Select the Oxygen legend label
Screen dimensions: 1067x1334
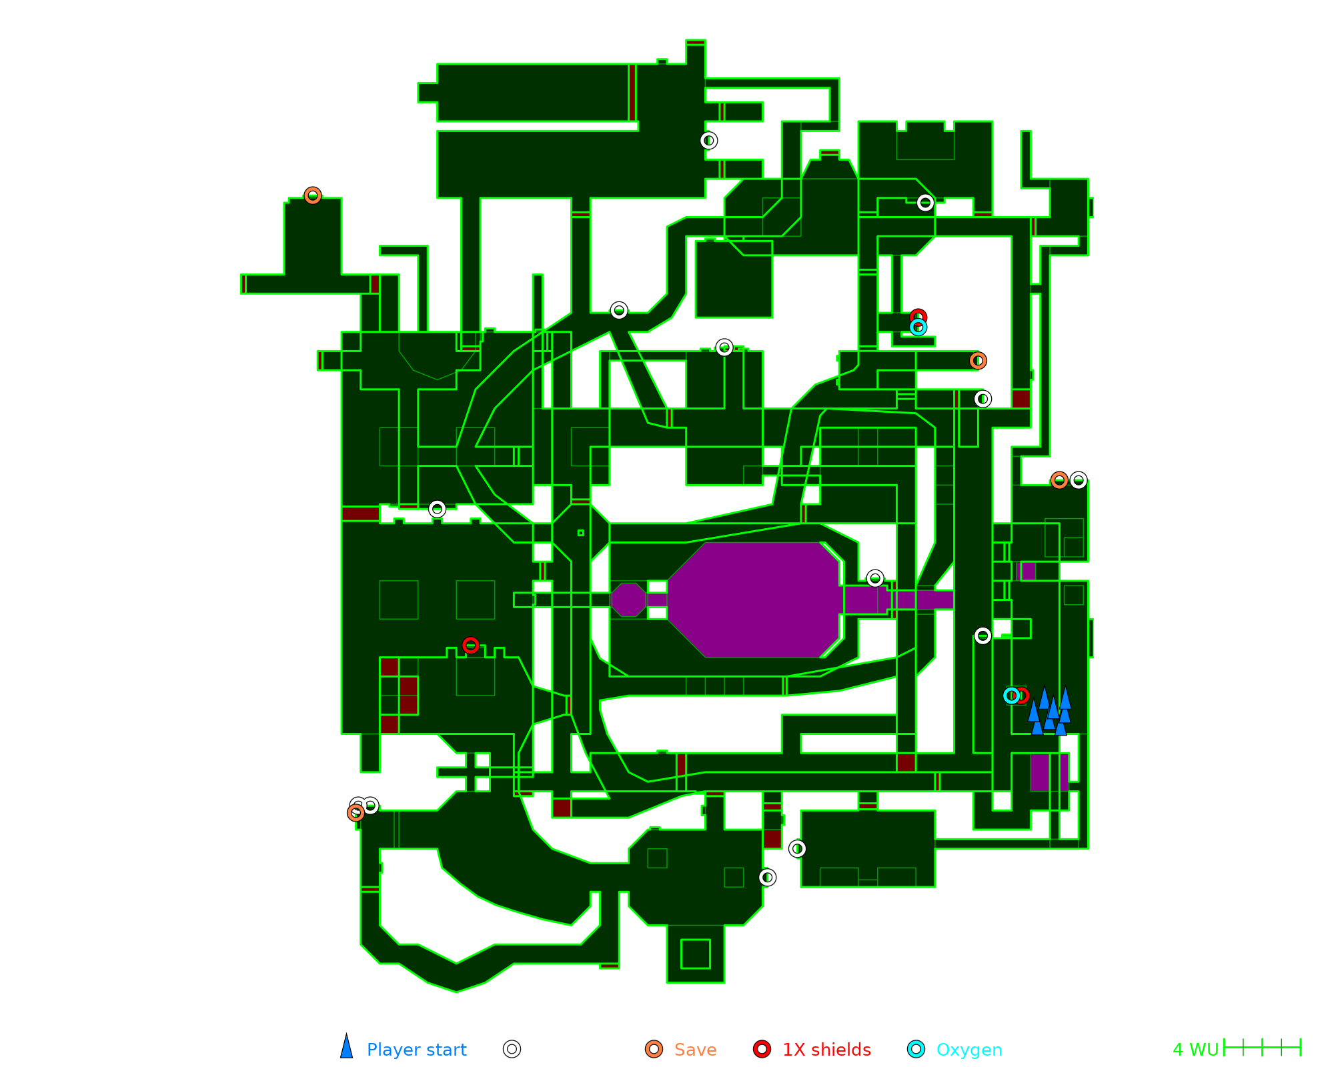click(x=968, y=1050)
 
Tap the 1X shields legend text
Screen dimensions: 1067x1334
click(x=826, y=1050)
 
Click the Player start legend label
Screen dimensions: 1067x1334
click(x=416, y=1050)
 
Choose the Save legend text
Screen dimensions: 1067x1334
click(x=695, y=1050)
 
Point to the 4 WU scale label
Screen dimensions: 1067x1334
click(x=1195, y=1050)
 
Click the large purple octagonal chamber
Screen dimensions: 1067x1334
click(x=754, y=600)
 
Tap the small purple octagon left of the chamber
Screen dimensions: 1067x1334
click(x=628, y=600)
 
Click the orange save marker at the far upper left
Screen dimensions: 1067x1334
click(x=313, y=195)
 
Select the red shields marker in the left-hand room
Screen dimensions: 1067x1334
click(x=470, y=645)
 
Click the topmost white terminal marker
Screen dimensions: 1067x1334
click(x=708, y=141)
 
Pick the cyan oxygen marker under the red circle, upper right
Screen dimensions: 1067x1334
click(x=918, y=327)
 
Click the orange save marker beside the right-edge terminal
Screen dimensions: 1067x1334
click(x=1059, y=480)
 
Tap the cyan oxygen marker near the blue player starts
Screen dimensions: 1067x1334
click(x=1011, y=696)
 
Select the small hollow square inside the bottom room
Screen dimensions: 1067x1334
click(x=695, y=954)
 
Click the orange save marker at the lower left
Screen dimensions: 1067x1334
click(x=356, y=813)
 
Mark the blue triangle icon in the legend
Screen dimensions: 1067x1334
click(x=346, y=1048)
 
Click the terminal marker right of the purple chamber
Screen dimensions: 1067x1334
click(x=875, y=578)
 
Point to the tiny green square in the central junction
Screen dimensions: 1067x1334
click(x=581, y=533)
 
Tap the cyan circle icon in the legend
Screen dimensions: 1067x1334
click(x=916, y=1049)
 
